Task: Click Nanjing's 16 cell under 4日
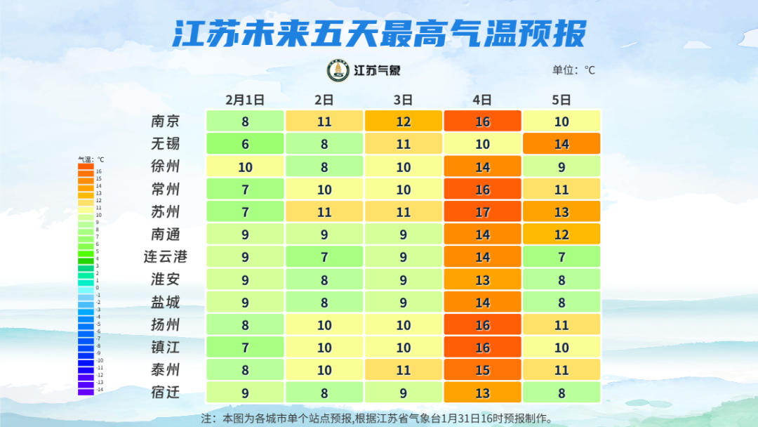pos(482,121)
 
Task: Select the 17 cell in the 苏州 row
pos(482,212)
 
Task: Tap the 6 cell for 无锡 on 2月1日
pos(245,144)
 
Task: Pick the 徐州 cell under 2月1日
pos(245,167)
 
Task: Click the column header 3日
pos(403,100)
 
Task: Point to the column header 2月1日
pos(245,100)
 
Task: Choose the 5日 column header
pos(561,100)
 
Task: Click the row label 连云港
pos(166,257)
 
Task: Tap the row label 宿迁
pos(166,393)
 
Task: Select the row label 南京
pos(166,121)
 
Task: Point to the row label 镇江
pos(166,348)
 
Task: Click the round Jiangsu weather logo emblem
pos(339,70)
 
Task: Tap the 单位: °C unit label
pos(573,70)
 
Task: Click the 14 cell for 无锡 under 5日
pos(561,144)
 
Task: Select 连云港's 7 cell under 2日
pos(324,257)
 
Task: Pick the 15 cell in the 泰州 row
pos(482,370)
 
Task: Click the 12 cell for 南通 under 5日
pos(561,235)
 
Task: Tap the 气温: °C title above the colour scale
pos(91,159)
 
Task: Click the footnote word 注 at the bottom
pos(206,419)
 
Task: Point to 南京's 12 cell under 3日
pos(403,121)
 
